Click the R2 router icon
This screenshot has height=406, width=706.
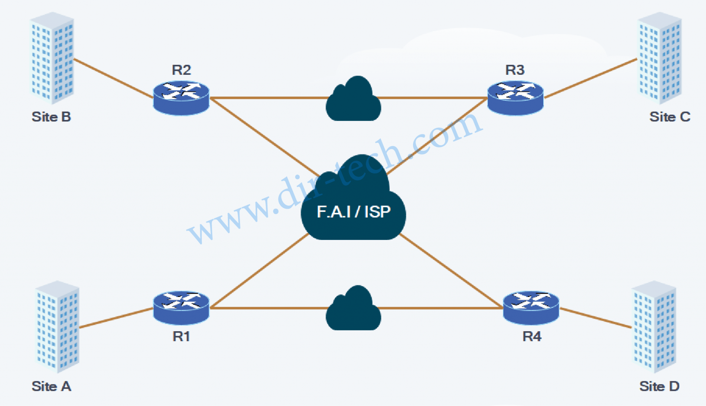pyautogui.click(x=181, y=98)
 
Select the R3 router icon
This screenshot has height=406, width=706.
pyautogui.click(x=515, y=98)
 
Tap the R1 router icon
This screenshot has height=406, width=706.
pyautogui.click(x=181, y=307)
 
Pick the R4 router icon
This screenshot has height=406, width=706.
pyautogui.click(x=531, y=307)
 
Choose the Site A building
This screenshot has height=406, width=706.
pyautogui.click(x=57, y=326)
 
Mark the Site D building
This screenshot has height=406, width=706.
pyautogui.click(x=654, y=326)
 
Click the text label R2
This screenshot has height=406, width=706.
pyautogui.click(x=181, y=70)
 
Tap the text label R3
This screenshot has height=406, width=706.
pyautogui.click(x=515, y=70)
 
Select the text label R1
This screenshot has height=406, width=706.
pyautogui.click(x=181, y=336)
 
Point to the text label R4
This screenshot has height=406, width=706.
pyautogui.click(x=532, y=336)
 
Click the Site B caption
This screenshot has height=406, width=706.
pyautogui.click(x=51, y=117)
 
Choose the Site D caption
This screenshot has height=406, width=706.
pyautogui.click(x=659, y=386)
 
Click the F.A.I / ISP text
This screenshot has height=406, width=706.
pyautogui.click(x=354, y=212)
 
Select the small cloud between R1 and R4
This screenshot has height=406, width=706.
pyautogui.click(x=353, y=310)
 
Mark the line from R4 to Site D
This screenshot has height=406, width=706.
pyautogui.click(x=595, y=318)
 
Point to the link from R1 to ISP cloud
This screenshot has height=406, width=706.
pyautogui.click(x=259, y=271)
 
